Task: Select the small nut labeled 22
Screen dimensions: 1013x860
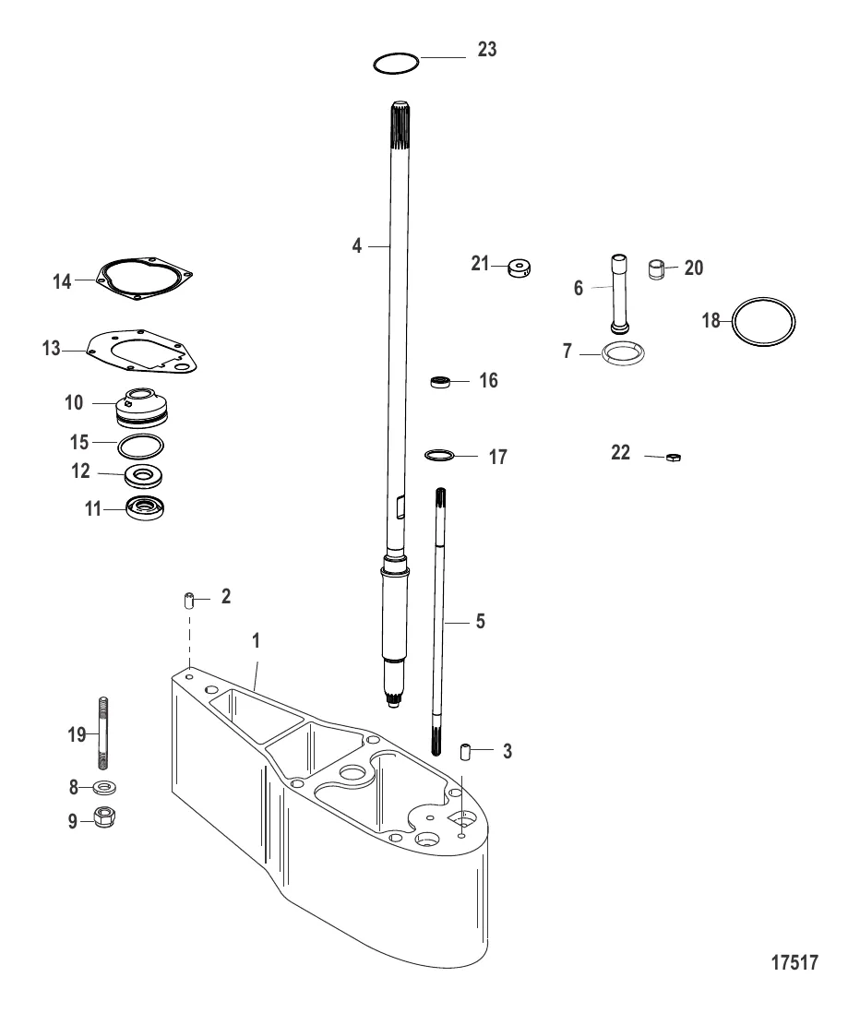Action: pyautogui.click(x=674, y=457)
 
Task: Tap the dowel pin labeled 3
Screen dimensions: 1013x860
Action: pyautogui.click(x=467, y=751)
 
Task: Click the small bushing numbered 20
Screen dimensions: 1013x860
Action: pyautogui.click(x=656, y=272)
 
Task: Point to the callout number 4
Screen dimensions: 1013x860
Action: pyautogui.click(x=356, y=246)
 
